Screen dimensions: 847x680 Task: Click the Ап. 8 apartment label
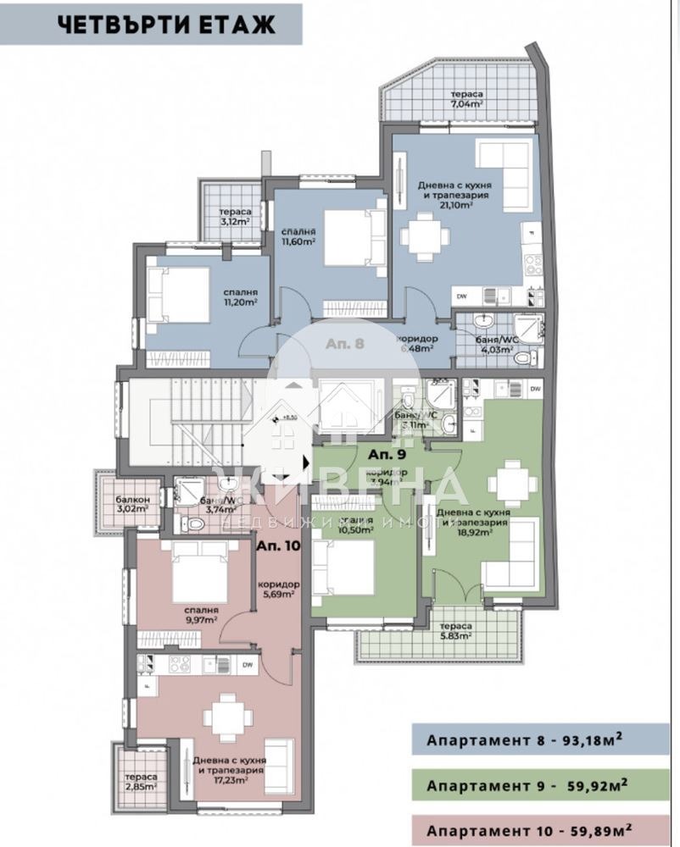(x=345, y=344)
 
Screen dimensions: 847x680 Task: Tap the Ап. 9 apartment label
(x=386, y=453)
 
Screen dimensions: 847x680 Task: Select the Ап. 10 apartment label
(x=279, y=545)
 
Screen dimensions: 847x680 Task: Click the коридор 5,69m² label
(x=278, y=590)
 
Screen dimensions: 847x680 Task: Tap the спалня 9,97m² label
(x=201, y=614)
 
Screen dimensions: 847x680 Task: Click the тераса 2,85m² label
(x=139, y=782)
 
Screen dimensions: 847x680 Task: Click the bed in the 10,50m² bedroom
(x=343, y=567)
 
